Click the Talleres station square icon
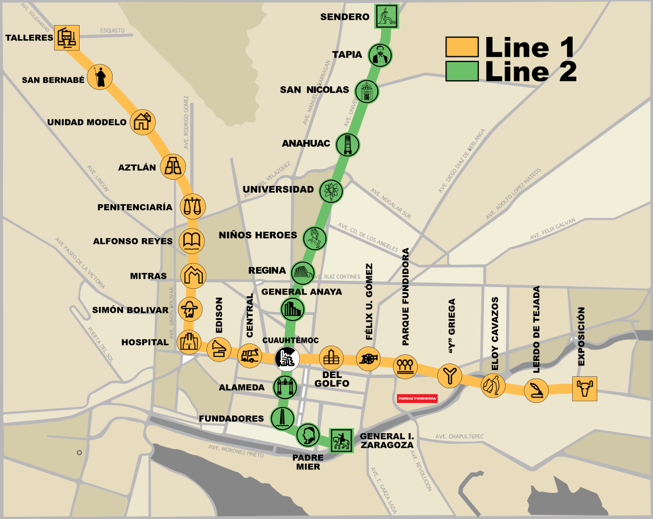pos(67,38)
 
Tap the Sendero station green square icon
pos(387,16)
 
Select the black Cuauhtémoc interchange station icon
pos(287,359)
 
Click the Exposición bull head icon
pos(584,389)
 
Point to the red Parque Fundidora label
pos(417,398)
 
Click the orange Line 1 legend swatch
pos(461,47)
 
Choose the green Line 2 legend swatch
pos(461,71)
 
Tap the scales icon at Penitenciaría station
pos(192,206)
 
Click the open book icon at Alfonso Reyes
pos(192,241)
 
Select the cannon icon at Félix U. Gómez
pos(367,359)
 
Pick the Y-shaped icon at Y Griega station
pos(449,375)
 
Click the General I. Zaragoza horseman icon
pos(342,440)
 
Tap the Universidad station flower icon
pos(330,191)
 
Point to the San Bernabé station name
pos(53,80)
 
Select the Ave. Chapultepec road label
pos(459,437)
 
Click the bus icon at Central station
pos(249,356)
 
